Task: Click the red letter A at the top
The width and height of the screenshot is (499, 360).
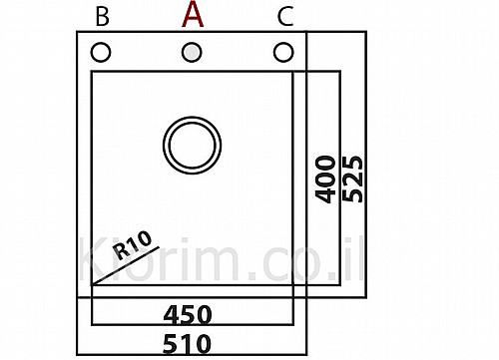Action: tap(193, 14)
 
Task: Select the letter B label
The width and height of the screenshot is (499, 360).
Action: tap(102, 17)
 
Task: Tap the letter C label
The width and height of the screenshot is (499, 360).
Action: tap(285, 17)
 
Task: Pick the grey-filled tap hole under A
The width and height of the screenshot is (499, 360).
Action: tap(192, 53)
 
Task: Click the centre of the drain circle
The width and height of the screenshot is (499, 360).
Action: tap(193, 145)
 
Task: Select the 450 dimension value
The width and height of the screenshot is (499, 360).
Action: tap(188, 315)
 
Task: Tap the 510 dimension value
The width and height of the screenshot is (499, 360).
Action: tap(187, 344)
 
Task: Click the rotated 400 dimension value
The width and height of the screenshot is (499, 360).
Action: tap(325, 180)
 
